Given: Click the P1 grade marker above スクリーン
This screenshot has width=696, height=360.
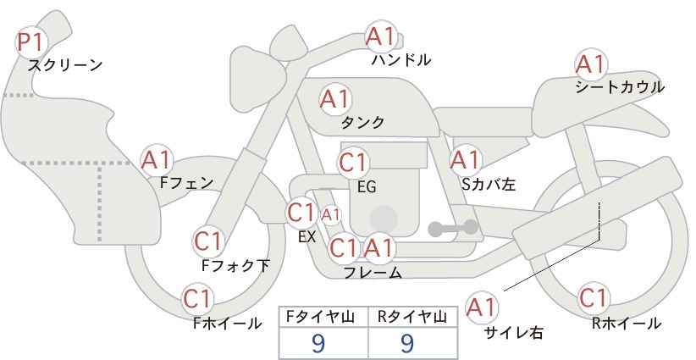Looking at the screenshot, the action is click(x=31, y=42).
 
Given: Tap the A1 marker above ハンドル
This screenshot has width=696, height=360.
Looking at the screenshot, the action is click(x=380, y=36).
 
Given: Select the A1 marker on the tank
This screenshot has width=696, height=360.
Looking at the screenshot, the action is click(x=335, y=99).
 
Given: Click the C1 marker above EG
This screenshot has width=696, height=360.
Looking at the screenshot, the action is click(x=353, y=163).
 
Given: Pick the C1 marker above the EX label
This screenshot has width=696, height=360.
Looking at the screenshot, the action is click(x=301, y=213).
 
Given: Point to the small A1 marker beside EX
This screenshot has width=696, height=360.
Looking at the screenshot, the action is click(x=331, y=215).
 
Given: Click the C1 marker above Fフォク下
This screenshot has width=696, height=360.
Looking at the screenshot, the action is click(x=208, y=241).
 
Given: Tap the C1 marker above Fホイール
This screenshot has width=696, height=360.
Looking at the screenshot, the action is click(x=197, y=299).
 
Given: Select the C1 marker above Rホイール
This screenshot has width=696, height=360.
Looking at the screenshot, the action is click(x=594, y=298).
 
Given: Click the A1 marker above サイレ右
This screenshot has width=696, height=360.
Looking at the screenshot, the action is click(x=482, y=307).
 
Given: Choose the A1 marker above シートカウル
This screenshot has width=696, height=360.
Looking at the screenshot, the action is click(x=591, y=64).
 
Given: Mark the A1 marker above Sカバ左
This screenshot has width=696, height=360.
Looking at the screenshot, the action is click(x=466, y=160).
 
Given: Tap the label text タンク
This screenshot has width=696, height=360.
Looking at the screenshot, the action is click(x=362, y=123).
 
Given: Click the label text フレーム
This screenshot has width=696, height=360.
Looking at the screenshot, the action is click(x=373, y=273).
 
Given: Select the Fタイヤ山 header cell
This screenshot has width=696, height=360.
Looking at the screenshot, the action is click(x=323, y=318).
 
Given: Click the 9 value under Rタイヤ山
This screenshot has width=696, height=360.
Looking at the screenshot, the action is click(x=407, y=343).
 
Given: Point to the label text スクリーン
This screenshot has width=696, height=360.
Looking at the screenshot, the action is click(x=65, y=65).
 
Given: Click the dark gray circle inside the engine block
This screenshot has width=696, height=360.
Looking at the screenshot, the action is click(x=384, y=219).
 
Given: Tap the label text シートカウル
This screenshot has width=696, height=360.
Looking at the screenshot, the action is click(x=620, y=87).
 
